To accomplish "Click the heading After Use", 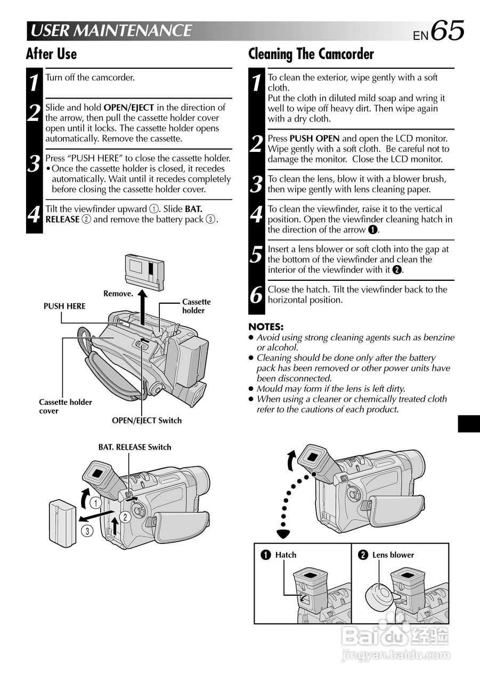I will point(51,54).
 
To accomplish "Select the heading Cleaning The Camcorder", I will point(311,54).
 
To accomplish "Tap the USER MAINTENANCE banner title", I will point(110,31).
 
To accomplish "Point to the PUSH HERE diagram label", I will point(64,306).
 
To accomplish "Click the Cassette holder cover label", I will point(65,407).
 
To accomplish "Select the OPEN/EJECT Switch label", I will point(147,420).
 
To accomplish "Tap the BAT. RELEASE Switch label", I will point(135,447).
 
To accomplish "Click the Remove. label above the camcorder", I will point(118,293).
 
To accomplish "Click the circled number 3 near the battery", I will point(86,530).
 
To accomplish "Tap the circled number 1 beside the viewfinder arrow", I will point(95,502).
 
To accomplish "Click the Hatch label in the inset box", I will point(286,555).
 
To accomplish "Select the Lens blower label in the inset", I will point(393,555).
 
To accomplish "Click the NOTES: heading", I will point(266,327).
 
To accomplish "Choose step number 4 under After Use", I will point(34,215).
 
